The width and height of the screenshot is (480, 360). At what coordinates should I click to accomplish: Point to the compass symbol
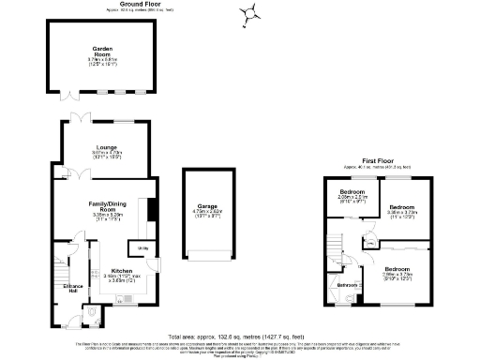click(x=249, y=13)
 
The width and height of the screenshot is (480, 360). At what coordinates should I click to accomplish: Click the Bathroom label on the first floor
click(x=348, y=284)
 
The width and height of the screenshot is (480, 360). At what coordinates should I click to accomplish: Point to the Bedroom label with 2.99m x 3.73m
click(x=397, y=270)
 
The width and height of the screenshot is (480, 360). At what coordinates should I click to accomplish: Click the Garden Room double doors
click(x=72, y=94)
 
